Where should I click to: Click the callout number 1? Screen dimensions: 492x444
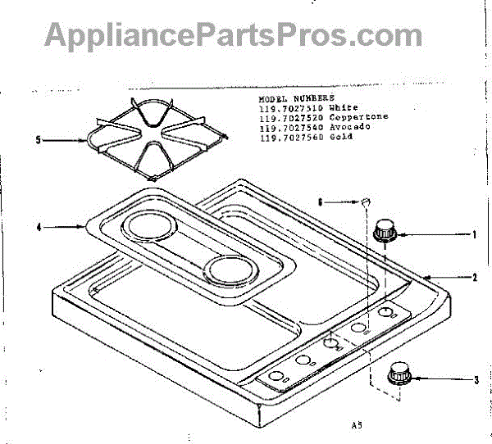(x=474, y=234)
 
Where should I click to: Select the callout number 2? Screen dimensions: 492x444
(x=474, y=278)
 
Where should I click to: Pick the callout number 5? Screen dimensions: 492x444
(x=38, y=140)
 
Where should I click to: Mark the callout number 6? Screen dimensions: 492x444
(x=321, y=199)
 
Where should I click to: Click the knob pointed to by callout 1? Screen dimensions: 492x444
(x=385, y=231)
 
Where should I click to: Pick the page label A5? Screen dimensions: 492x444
(x=354, y=424)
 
